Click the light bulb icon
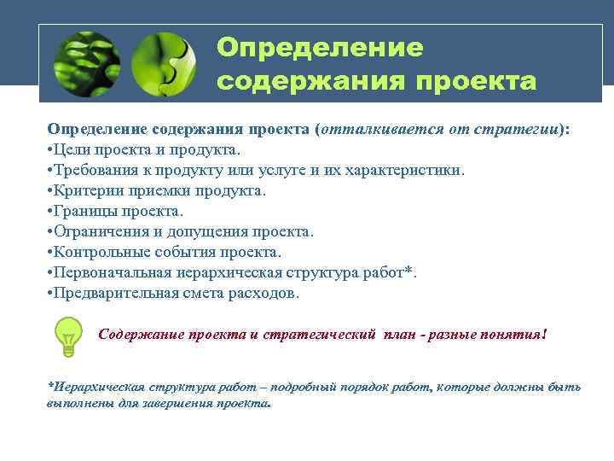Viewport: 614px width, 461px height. pos(67,335)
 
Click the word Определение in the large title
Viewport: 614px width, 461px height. pos(320,48)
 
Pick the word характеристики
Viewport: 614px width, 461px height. pos(408,170)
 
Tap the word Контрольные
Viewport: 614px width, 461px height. pos(101,252)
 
